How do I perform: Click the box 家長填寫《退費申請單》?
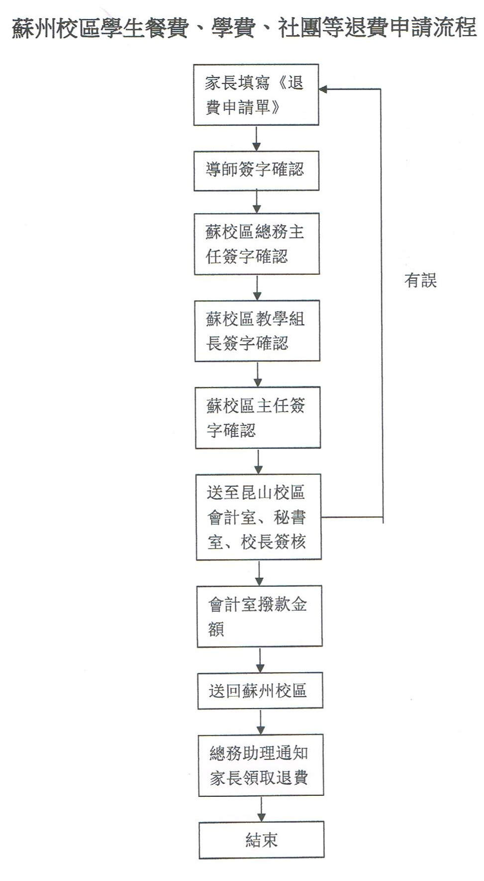pyautogui.click(x=256, y=95)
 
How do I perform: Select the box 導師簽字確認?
pyautogui.click(x=256, y=170)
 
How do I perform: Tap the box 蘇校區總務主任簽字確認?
pyautogui.click(x=257, y=244)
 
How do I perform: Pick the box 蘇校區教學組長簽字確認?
pyautogui.click(x=257, y=330)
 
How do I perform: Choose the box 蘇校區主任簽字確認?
pyautogui.click(x=258, y=418)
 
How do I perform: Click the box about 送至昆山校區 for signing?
pyautogui.click(x=259, y=517)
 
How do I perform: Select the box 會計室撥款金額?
pyautogui.click(x=260, y=616)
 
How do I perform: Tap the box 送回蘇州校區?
pyautogui.click(x=260, y=690)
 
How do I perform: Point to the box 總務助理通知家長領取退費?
pyautogui.click(x=261, y=765)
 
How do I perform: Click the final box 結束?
pyautogui.click(x=262, y=840)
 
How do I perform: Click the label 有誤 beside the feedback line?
pyautogui.click(x=420, y=281)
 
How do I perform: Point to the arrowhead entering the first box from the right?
pyautogui.click(x=323, y=89)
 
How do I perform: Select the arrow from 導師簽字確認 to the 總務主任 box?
pyautogui.click(x=257, y=202)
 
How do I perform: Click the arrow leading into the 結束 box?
pyautogui.click(x=261, y=809)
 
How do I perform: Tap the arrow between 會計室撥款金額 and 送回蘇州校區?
pyautogui.click(x=260, y=660)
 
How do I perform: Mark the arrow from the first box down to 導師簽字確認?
pyautogui.click(x=256, y=138)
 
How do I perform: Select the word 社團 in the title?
pyautogui.click(x=300, y=28)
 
